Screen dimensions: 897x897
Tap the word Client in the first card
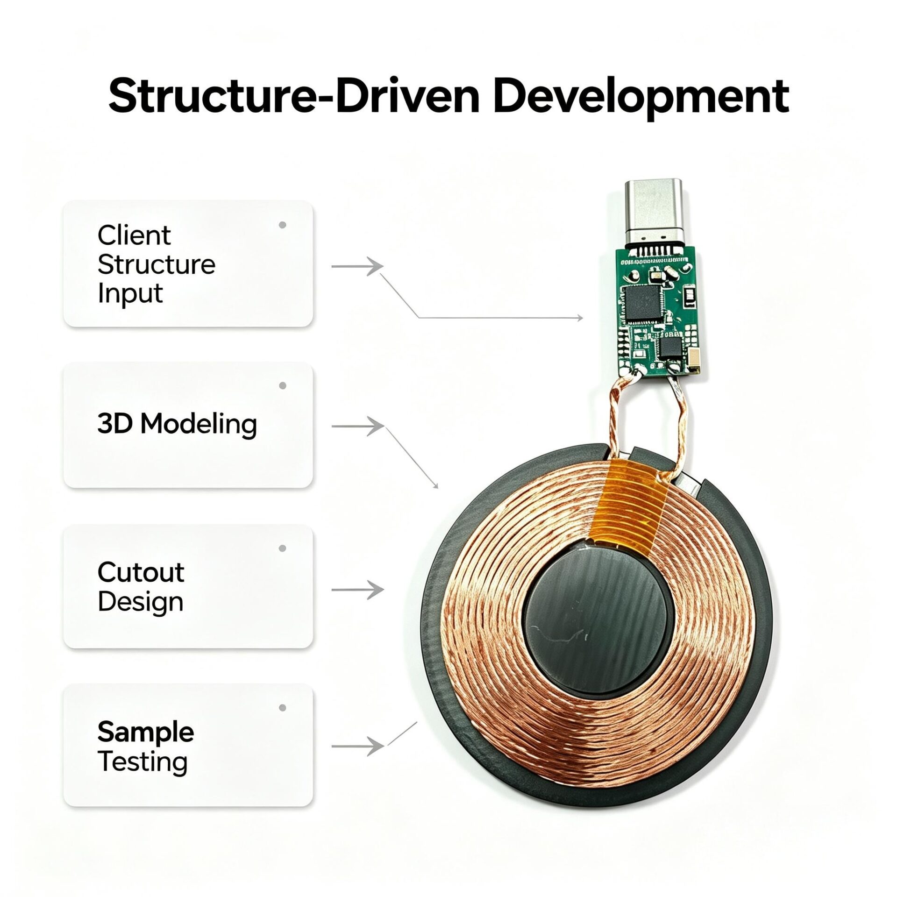click(x=134, y=235)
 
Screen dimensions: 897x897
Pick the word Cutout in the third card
click(x=141, y=572)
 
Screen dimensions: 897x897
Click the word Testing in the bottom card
click(x=142, y=762)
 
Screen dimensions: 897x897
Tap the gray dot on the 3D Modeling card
click(x=282, y=386)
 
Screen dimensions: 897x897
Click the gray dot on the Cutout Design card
click(x=282, y=548)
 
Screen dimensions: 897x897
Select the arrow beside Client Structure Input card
click(x=357, y=266)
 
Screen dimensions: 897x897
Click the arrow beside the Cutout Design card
click(x=357, y=590)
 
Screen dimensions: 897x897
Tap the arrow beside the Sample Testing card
click(x=357, y=746)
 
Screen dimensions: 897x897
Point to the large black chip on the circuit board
click(x=641, y=302)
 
